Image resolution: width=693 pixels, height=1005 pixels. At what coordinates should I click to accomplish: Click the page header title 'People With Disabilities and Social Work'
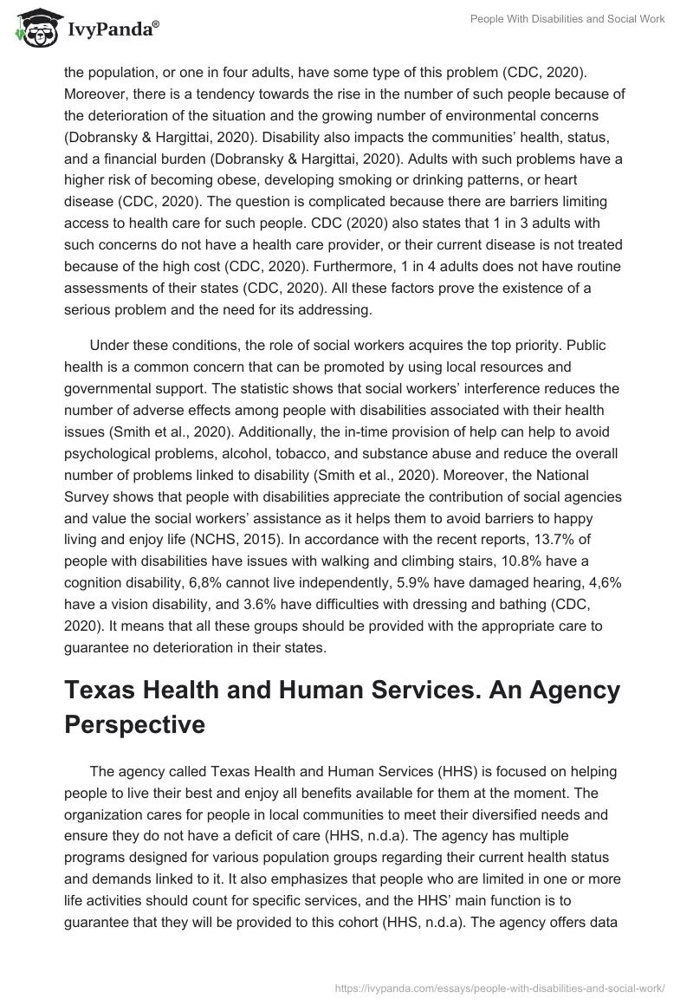pyautogui.click(x=567, y=19)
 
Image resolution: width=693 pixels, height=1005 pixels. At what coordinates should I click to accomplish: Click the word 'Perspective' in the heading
pyautogui.click(x=135, y=724)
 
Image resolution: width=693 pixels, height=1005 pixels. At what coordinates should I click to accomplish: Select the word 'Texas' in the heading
pyautogui.click(x=100, y=690)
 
